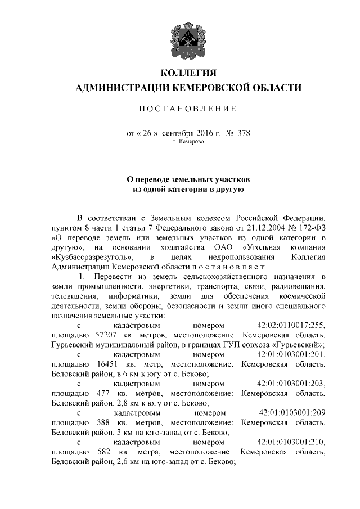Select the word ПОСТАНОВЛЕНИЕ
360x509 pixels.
(x=188, y=108)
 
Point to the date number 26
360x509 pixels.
(x=147, y=134)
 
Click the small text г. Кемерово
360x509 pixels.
(x=188, y=143)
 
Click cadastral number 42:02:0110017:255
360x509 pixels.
(x=291, y=326)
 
